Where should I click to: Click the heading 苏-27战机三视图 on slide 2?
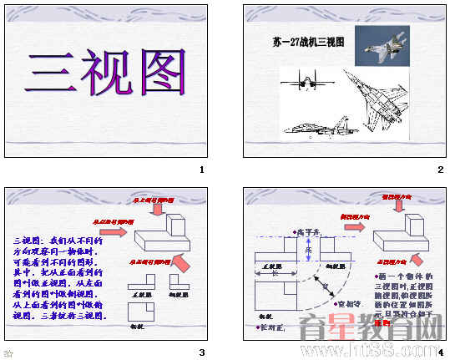click(308, 41)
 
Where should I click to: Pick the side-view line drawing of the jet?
click(316, 127)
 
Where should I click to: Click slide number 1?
click(201, 170)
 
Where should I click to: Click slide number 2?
click(440, 170)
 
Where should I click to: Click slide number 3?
click(201, 352)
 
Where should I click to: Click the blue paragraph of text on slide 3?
click(58, 276)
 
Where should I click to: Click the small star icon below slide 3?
click(8, 353)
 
